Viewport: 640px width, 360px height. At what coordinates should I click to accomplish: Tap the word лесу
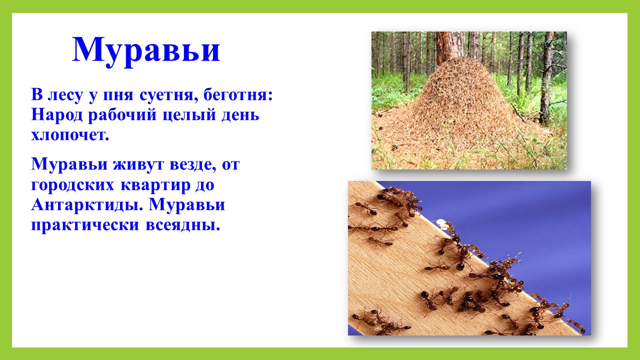(65, 95)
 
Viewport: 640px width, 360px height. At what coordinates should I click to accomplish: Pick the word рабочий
(122, 115)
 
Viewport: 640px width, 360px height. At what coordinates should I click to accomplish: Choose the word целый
(189, 115)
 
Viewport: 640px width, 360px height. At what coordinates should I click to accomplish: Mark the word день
(240, 115)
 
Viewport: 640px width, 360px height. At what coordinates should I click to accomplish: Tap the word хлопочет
(70, 135)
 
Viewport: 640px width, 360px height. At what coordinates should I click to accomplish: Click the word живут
(138, 165)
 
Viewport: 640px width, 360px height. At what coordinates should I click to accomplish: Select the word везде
(193, 165)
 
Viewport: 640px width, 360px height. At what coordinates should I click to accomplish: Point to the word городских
(72, 185)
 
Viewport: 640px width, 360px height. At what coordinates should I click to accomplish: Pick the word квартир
(155, 185)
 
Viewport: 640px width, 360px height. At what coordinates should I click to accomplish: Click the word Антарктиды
(87, 205)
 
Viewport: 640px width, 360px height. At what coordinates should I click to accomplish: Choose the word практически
(85, 225)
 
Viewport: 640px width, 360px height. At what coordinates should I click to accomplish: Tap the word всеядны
(183, 225)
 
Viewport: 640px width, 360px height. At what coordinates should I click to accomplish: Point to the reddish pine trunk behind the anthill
(450, 45)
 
